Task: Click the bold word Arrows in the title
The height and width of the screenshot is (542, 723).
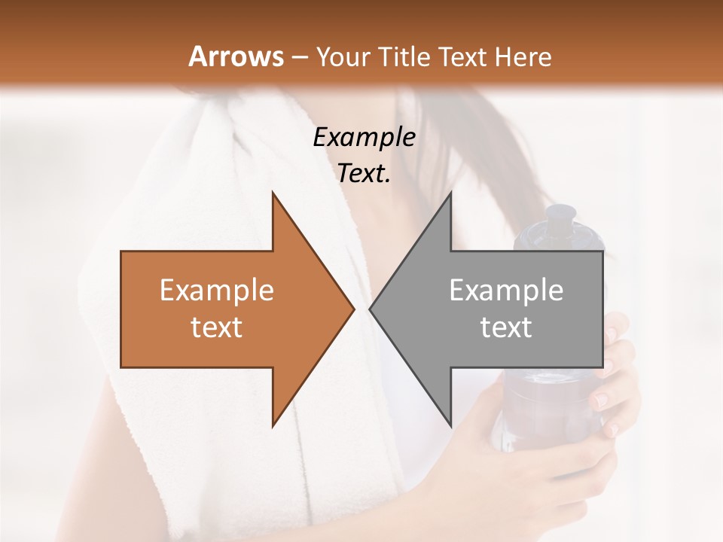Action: click(236, 56)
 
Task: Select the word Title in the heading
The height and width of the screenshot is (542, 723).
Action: click(406, 56)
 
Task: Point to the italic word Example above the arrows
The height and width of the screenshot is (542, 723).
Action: click(364, 137)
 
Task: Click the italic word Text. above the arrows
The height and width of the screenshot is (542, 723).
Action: click(364, 173)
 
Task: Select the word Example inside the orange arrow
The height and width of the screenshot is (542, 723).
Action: click(217, 291)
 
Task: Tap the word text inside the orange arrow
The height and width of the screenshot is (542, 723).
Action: click(217, 327)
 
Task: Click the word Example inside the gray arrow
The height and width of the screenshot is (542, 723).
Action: click(506, 291)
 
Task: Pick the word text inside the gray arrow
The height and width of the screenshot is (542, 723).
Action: click(506, 327)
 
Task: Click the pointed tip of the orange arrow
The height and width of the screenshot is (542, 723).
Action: click(352, 309)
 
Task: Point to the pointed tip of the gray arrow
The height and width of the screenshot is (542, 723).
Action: click(371, 309)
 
